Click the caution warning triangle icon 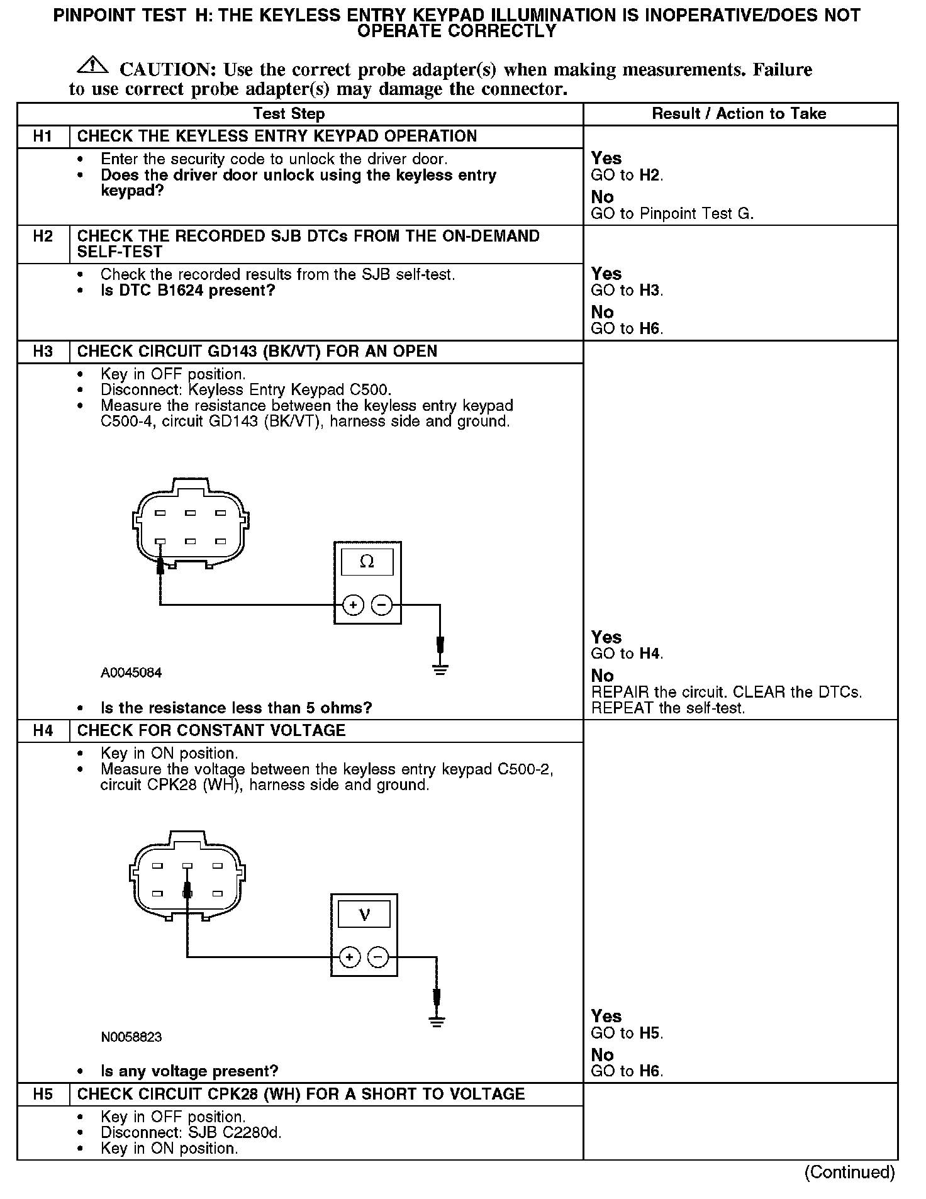pos(92,65)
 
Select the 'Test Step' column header pos(289,114)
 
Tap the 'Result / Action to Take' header pos(739,114)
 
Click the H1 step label pos(43,137)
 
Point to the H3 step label pos(43,351)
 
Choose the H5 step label pos(43,1094)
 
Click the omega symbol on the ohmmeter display pos(367,562)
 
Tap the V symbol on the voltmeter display pos(364,914)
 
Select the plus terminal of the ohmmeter pos(353,605)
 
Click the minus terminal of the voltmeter pos(378,957)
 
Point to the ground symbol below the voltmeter pos(437,1022)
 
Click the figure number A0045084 pos(131,673)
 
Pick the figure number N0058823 pos(131,1037)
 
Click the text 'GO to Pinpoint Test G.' pos(671,214)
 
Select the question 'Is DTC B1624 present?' pos(187,291)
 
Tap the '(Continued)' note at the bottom pos(849,1172)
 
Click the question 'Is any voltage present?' pos(189,1071)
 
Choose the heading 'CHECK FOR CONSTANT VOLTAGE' pos(211,730)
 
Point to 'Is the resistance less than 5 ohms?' pos(236,708)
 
